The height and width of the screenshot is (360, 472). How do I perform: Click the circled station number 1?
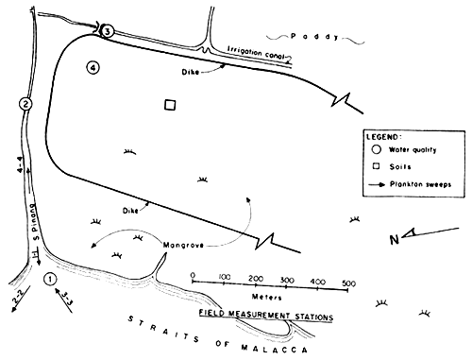[52, 279]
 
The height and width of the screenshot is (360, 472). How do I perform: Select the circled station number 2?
[25, 103]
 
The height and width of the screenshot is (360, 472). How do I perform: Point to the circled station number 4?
[92, 67]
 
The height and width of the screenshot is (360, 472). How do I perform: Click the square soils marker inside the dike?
[170, 106]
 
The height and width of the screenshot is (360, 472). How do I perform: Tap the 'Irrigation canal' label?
[254, 52]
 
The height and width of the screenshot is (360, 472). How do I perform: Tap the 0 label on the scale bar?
[193, 277]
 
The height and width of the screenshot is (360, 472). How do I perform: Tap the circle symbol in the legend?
[376, 149]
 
